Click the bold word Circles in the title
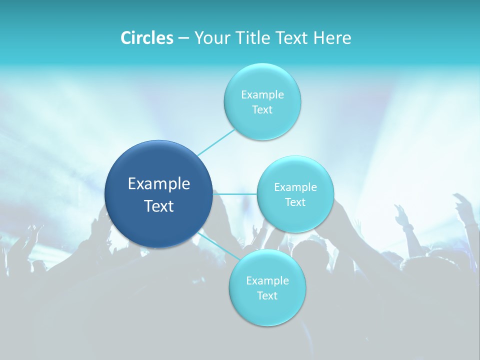click(146, 38)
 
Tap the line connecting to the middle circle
click(235, 193)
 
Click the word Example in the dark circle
click(159, 184)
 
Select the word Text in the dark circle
click(159, 206)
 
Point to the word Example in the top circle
click(262, 95)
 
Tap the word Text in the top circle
click(262, 110)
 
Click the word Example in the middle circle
click(295, 187)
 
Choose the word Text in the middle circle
click(295, 202)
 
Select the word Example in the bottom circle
click(267, 281)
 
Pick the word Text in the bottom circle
click(267, 296)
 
